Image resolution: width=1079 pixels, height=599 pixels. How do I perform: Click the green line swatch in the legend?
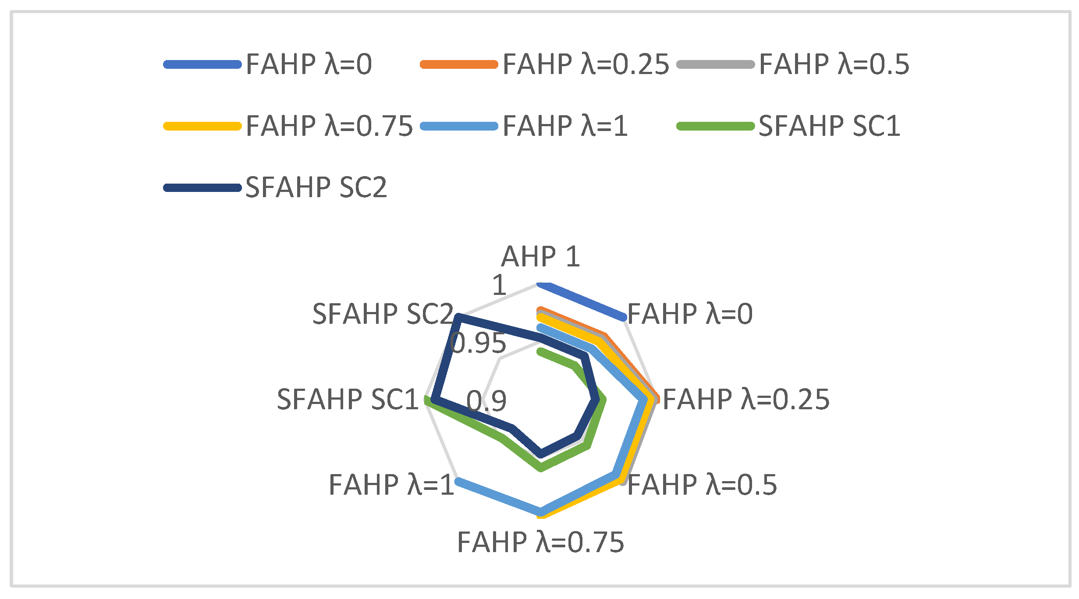click(x=715, y=126)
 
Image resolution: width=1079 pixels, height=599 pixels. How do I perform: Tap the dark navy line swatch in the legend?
click(x=202, y=188)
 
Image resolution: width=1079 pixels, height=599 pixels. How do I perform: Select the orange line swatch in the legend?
click(x=459, y=64)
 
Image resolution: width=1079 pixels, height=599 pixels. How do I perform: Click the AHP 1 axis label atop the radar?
click(x=540, y=256)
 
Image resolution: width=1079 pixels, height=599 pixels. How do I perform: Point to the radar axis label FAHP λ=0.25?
click(x=746, y=400)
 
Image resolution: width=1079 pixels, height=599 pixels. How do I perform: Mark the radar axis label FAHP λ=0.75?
click(x=540, y=542)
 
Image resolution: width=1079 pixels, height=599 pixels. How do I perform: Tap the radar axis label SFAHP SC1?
click(x=348, y=400)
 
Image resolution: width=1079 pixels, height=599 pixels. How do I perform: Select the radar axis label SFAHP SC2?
click(x=383, y=314)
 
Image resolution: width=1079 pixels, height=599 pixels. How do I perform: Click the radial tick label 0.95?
click(x=478, y=343)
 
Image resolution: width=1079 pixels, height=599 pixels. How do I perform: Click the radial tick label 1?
click(x=499, y=285)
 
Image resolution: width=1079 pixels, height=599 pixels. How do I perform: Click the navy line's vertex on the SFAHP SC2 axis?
click(x=458, y=317)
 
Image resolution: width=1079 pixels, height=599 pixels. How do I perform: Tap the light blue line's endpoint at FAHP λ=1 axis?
click(x=458, y=481)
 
